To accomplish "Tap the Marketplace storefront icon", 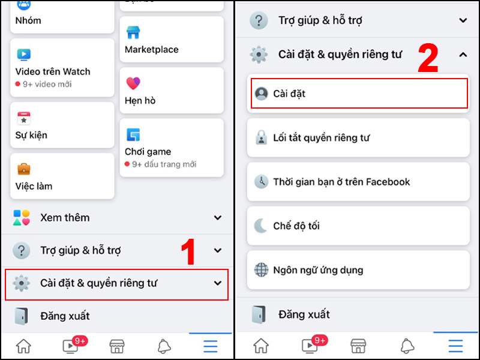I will (133, 32).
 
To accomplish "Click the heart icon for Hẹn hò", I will (133, 83).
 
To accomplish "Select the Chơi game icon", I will (133, 134).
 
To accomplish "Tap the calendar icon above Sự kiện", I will (23, 118).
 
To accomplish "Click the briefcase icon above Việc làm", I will (23, 169).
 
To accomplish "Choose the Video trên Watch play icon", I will (23, 55).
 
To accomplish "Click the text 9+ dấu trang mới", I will (164, 164).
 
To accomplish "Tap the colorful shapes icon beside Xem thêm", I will (22, 218).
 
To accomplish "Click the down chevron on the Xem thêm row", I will (218, 218).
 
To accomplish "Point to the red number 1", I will (190, 253).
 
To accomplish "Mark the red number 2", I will (428, 58).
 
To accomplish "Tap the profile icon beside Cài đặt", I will (261, 94).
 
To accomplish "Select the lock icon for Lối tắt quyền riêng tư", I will (261, 138).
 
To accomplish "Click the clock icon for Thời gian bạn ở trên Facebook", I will (261, 182).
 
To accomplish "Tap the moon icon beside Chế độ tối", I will (261, 226).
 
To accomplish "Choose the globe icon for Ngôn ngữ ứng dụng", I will (261, 270).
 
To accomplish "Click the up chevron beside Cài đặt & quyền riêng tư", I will (463, 55).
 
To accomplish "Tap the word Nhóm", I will (28, 20).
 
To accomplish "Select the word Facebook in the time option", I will (388, 182).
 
